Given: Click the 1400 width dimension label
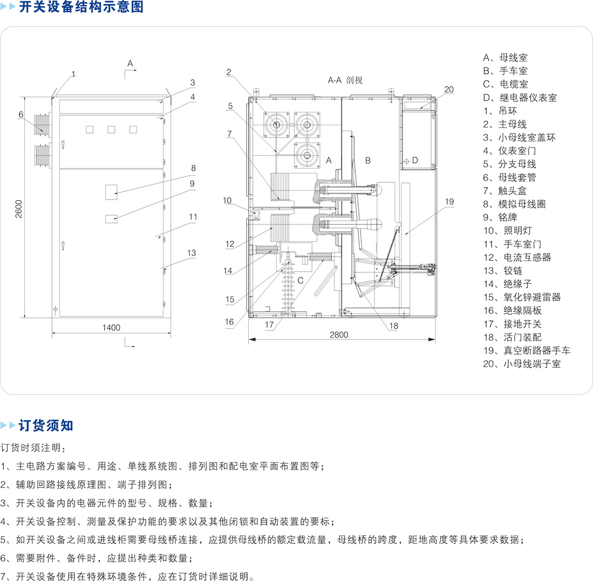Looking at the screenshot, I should (x=111, y=328).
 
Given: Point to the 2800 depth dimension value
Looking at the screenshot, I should (x=339, y=334).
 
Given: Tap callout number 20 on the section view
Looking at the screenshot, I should (x=449, y=89).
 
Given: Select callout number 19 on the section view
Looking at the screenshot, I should (x=449, y=202).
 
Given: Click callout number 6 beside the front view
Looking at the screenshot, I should (x=21, y=114).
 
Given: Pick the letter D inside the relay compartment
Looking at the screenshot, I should (x=415, y=161).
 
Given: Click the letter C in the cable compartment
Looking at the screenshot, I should (x=300, y=281).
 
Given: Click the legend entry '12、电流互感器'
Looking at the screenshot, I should (x=517, y=257).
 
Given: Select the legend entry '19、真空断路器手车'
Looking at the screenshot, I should (x=526, y=350).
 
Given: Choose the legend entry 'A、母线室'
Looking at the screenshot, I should (x=505, y=58).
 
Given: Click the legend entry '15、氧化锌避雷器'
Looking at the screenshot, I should (x=522, y=297).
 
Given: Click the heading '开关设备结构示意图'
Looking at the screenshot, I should (x=81, y=7).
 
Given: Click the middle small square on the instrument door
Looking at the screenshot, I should (x=111, y=130).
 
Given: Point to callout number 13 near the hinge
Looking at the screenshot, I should (x=191, y=253).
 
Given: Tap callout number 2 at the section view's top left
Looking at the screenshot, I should (x=228, y=72).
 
